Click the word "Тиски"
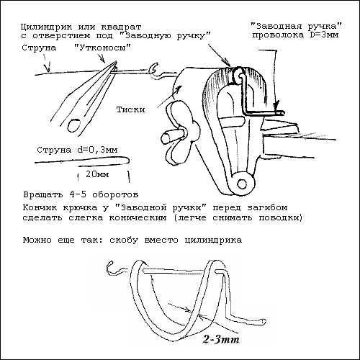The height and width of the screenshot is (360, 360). pyautogui.click(x=130, y=109)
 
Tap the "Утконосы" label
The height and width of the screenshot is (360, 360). pyautogui.click(x=102, y=48)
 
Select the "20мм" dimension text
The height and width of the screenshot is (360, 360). pyautogui.click(x=97, y=174)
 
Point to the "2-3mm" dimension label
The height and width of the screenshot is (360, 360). pyautogui.click(x=221, y=339)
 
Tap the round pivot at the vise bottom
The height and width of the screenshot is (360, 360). pyautogui.click(x=242, y=184)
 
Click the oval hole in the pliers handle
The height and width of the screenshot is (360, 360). pyautogui.click(x=74, y=125)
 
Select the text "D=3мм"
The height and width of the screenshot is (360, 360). pyautogui.click(x=324, y=35)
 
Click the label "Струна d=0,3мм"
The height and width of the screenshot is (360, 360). pyautogui.click(x=77, y=150)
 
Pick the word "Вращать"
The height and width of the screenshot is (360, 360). pyautogui.click(x=43, y=194)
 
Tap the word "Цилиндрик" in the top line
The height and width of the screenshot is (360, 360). pyautogui.click(x=46, y=27)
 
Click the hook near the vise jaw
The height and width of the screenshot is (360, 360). pyautogui.click(x=153, y=69)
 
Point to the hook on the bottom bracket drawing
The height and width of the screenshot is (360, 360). pyautogui.click(x=113, y=268)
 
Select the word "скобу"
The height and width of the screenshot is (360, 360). pyautogui.click(x=124, y=240)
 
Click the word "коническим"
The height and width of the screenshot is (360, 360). pyautogui.click(x=138, y=218)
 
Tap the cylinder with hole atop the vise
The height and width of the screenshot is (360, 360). pyautogui.click(x=238, y=76)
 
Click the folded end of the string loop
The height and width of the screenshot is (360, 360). pyautogui.click(x=128, y=160)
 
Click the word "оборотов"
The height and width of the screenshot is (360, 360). pyautogui.click(x=115, y=194)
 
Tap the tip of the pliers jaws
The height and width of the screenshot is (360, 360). pyautogui.click(x=116, y=62)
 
